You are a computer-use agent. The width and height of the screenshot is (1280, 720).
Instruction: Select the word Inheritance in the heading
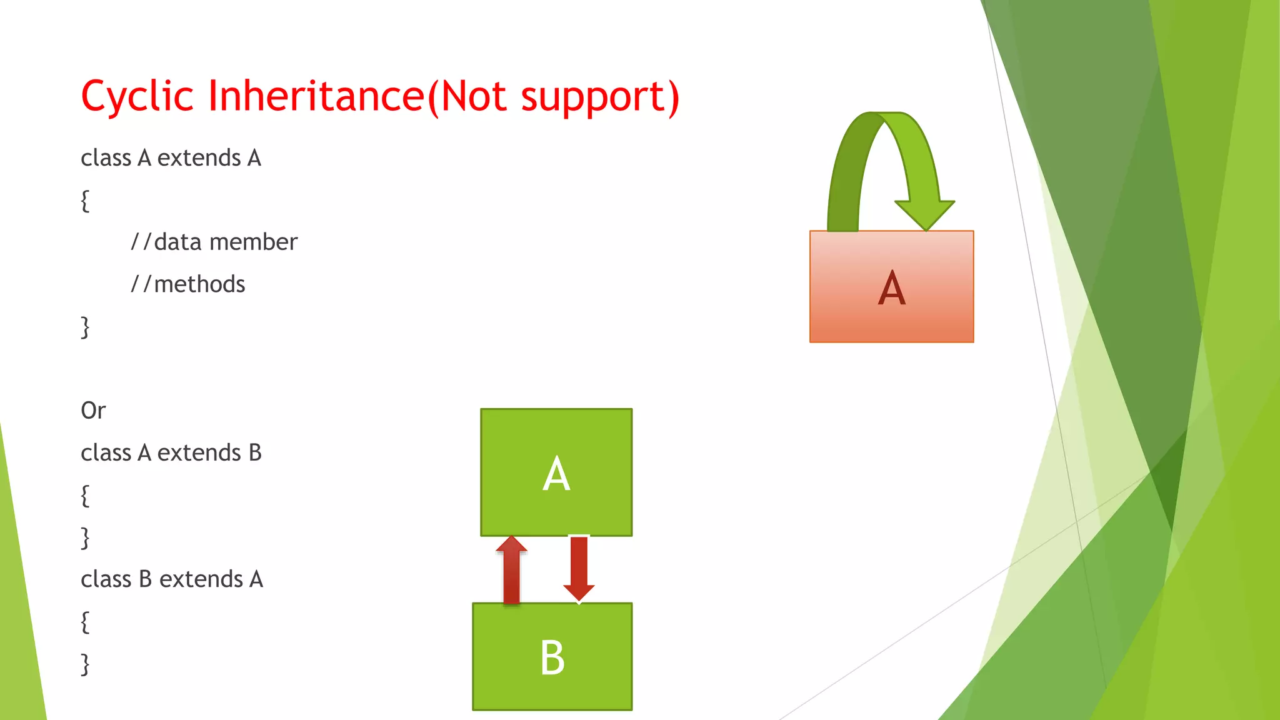click(x=316, y=97)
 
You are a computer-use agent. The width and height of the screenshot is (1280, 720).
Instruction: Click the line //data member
click(x=214, y=242)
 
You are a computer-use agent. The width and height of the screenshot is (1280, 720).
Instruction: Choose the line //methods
click(x=187, y=284)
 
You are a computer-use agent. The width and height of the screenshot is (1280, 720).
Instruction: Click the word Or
click(x=93, y=411)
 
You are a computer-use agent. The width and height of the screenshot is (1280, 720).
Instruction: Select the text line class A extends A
click(x=171, y=158)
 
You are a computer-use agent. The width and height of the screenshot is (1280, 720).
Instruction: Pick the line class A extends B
click(x=171, y=452)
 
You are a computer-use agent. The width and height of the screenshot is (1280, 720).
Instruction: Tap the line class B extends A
click(x=172, y=579)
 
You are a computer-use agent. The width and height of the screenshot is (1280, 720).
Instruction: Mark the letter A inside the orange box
click(x=891, y=288)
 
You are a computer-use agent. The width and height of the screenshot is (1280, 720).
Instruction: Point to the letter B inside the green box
click(x=552, y=658)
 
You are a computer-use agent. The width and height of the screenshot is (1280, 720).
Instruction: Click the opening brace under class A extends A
click(x=85, y=201)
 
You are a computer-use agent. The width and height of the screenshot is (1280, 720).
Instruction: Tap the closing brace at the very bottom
click(x=85, y=664)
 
